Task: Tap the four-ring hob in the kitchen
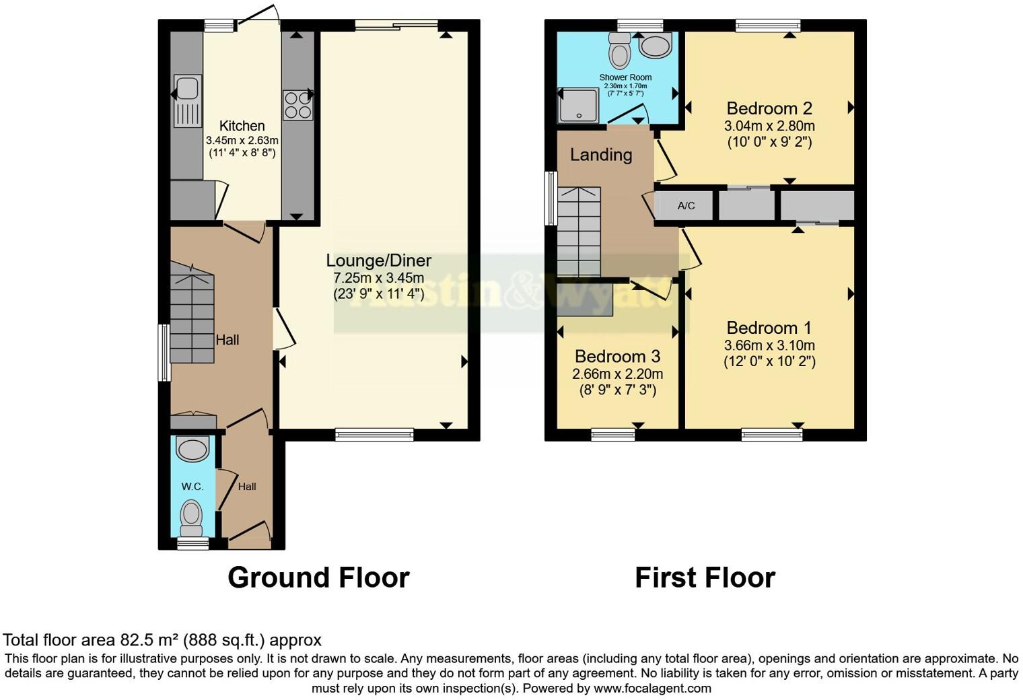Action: [297, 105]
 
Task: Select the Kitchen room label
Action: [242, 126]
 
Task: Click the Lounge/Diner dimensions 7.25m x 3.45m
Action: [379, 278]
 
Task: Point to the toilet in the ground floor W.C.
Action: [192, 515]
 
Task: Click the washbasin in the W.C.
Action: [193, 448]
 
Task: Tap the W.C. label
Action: [192, 487]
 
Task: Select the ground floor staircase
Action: [192, 316]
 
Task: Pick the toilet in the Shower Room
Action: [619, 48]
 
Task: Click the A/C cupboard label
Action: [686, 206]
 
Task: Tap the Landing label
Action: [601, 155]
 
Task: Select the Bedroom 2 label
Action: [769, 108]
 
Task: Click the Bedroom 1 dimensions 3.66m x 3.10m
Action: [769, 345]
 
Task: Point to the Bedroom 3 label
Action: [617, 357]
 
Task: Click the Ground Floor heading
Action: [318, 577]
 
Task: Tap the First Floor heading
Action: [705, 577]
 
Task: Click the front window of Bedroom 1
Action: [771, 435]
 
